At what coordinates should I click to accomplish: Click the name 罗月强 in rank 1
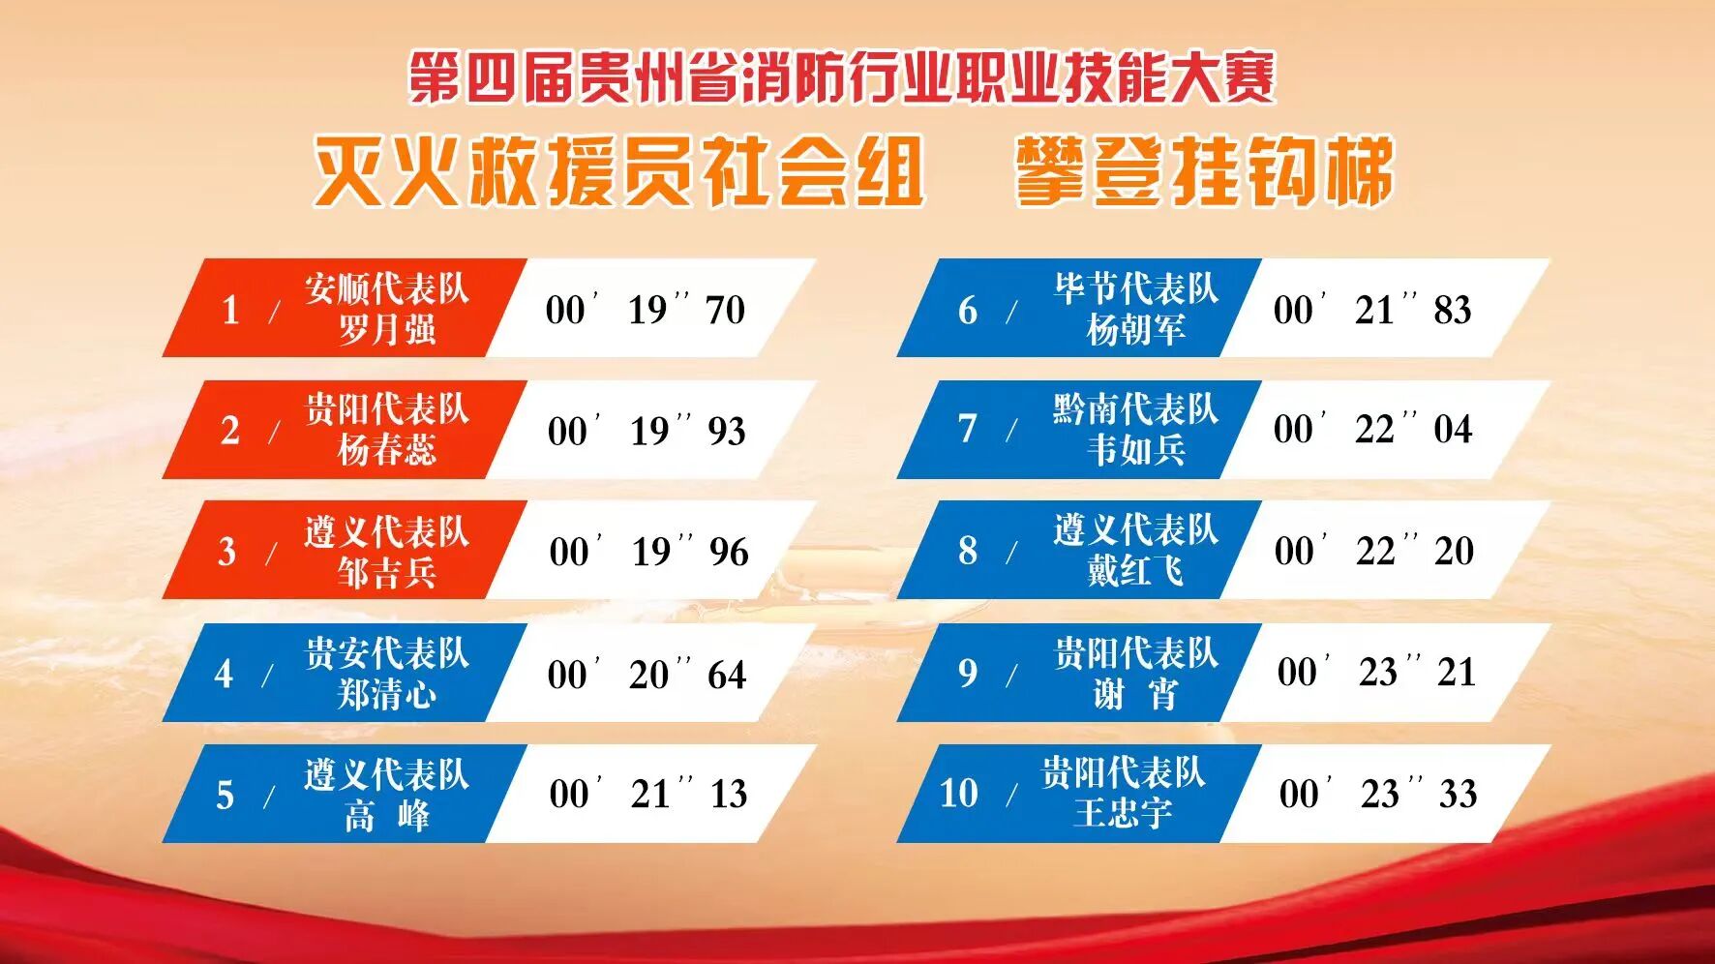(386, 330)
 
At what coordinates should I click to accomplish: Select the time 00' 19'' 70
(646, 310)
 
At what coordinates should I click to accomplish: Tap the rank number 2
(229, 431)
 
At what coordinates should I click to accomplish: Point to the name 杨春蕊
(386, 450)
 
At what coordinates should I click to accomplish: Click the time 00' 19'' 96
(648, 552)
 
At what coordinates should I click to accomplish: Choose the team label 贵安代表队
(387, 653)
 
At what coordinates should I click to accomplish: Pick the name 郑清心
(386, 694)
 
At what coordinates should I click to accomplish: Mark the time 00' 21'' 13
(648, 795)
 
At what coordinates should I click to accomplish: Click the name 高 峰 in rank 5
(386, 816)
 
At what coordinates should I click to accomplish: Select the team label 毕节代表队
(1136, 288)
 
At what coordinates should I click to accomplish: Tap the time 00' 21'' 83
(1372, 310)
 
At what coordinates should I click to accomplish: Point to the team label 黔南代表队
(1136, 409)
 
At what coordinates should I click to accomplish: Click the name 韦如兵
(1135, 450)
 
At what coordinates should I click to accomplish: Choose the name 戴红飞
(1135, 571)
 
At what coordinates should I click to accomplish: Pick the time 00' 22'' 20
(1374, 551)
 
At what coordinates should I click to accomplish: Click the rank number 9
(968, 673)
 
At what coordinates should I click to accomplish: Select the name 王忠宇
(1123, 813)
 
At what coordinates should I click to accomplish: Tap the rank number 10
(959, 794)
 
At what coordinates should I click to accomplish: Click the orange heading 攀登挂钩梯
(1205, 172)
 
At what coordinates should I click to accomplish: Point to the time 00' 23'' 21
(1376, 673)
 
